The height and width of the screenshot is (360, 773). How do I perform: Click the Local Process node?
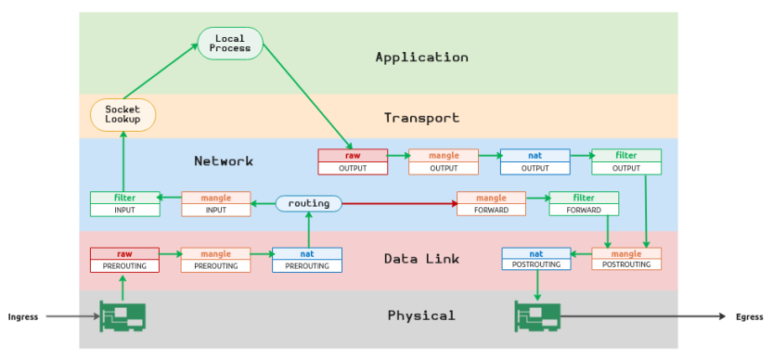[230, 43]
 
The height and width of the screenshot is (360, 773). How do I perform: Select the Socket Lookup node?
[122, 115]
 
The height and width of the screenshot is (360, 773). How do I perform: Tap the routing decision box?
[309, 203]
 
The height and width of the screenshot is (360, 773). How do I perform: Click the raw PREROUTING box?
[124, 259]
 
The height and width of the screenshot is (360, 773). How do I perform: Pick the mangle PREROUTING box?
[215, 259]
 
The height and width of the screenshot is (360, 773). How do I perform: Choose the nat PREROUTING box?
[307, 259]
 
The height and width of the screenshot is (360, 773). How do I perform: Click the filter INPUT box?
[124, 203]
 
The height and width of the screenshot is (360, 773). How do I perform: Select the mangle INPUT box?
[215, 203]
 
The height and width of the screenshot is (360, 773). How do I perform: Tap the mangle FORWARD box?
[491, 203]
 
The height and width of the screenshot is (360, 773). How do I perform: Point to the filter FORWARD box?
[583, 203]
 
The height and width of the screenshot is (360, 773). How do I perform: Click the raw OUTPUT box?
[353, 161]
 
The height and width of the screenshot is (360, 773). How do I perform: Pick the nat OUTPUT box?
[535, 161]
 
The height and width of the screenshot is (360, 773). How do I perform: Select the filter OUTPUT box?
[626, 161]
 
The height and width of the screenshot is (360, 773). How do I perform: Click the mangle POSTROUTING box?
[626, 259]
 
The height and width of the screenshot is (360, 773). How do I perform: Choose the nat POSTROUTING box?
[535, 259]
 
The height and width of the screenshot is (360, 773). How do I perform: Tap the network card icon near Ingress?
[122, 316]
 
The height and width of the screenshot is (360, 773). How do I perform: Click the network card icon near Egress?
[537, 316]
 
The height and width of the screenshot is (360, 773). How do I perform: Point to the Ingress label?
[23, 317]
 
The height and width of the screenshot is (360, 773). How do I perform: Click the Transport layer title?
[421, 118]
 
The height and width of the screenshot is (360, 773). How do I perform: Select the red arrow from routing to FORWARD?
[399, 203]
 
